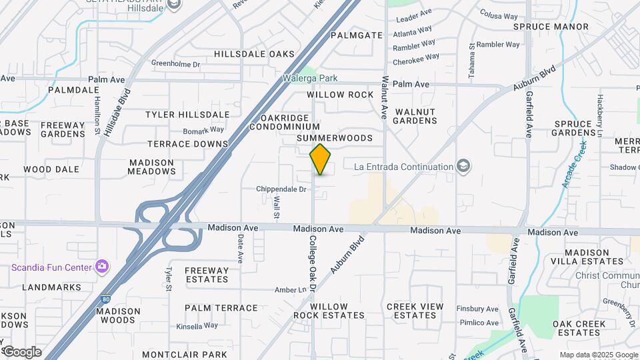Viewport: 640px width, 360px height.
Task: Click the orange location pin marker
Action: click(x=320, y=159)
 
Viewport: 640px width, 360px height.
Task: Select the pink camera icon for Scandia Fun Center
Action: click(x=101, y=267)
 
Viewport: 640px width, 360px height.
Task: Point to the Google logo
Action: click(x=21, y=352)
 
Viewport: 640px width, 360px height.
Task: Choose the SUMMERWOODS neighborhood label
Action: click(x=334, y=138)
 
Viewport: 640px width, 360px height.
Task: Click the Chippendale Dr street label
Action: click(x=281, y=189)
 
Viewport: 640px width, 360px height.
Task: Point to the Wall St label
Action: click(x=275, y=209)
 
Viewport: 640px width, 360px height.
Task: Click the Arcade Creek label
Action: click(x=574, y=163)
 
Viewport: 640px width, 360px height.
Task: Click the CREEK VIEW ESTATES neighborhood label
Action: click(x=415, y=311)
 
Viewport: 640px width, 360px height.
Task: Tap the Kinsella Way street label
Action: click(x=197, y=326)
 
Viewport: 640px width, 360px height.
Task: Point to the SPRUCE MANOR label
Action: click(x=551, y=27)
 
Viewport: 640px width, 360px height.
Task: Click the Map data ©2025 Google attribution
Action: click(x=598, y=355)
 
